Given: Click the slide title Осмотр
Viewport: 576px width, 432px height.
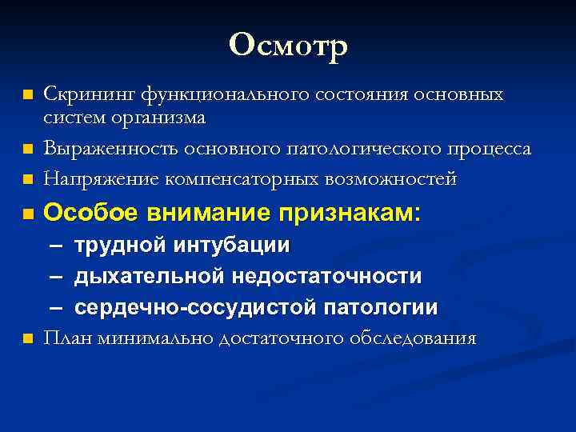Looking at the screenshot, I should [288, 46].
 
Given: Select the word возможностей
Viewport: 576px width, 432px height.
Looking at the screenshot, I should [390, 179].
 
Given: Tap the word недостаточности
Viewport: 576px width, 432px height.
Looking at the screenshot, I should [327, 276].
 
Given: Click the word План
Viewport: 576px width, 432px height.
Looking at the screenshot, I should [67, 338].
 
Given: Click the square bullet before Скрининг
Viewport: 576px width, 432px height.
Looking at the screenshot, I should [28, 95].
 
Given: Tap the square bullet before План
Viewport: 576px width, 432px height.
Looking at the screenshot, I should [28, 338].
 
